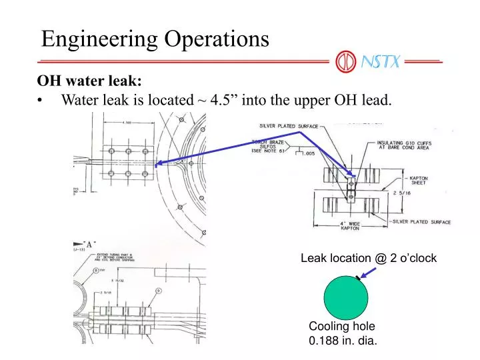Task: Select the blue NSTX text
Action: pos(379,63)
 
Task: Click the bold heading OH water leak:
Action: pos(89,81)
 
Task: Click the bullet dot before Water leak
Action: pos(43,101)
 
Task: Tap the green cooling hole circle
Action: pos(345,297)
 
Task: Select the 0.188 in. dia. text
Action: pos(343,341)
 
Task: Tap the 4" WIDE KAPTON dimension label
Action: pos(350,225)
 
